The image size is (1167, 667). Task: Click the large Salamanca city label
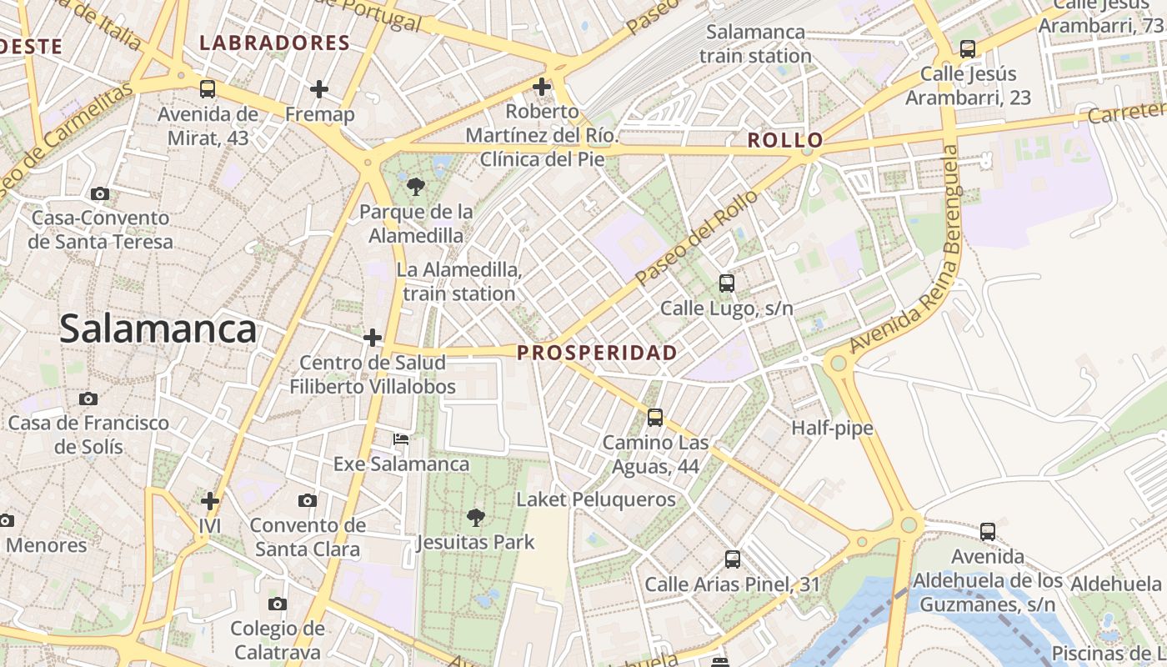tap(158, 329)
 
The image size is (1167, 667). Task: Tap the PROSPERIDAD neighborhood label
tap(597, 353)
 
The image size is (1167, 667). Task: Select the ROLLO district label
tap(785, 140)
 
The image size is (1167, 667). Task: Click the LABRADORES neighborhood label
tap(274, 43)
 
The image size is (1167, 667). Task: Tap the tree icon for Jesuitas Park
tap(475, 518)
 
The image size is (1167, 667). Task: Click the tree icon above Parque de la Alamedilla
tap(415, 186)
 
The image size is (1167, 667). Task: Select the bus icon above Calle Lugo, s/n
tap(727, 283)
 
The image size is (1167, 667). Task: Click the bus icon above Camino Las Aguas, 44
tap(655, 418)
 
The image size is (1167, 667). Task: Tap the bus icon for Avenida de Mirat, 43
tap(208, 89)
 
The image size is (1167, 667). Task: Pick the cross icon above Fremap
tap(319, 89)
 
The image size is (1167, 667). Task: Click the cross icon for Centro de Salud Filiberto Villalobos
tap(373, 338)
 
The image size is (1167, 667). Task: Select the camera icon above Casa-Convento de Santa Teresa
tap(100, 193)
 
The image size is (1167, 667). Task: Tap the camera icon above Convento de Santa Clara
tap(308, 500)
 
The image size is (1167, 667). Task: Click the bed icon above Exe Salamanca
tap(401, 439)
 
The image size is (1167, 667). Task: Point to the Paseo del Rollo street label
tap(697, 237)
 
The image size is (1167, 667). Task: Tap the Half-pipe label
tap(832, 429)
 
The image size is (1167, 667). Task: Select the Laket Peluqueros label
tap(596, 499)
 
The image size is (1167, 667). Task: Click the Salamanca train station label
tap(755, 44)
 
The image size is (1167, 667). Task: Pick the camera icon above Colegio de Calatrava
tap(278, 604)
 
